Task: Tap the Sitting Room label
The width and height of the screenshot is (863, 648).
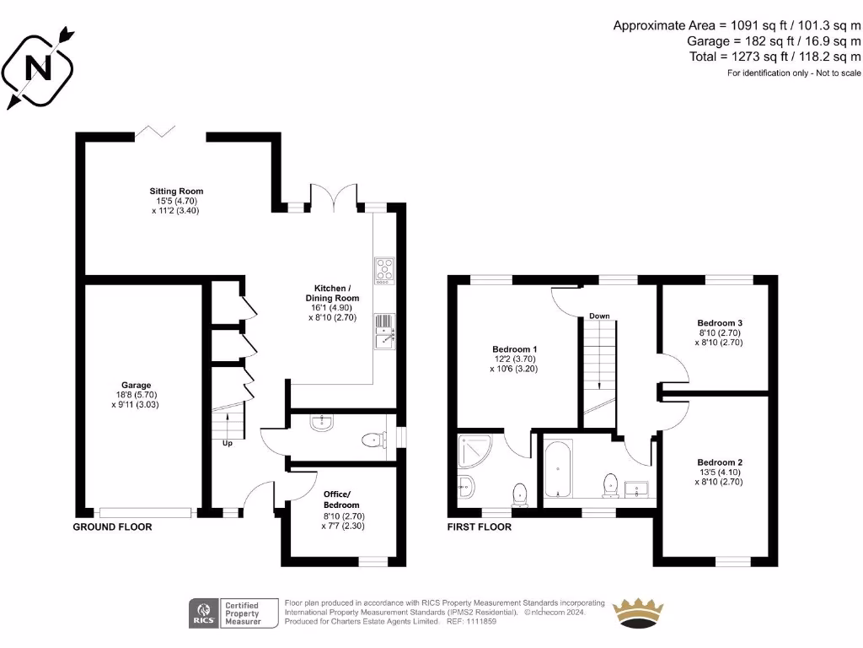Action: point(176,192)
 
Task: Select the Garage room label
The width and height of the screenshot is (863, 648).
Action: point(135,386)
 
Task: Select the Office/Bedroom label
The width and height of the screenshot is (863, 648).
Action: point(341,499)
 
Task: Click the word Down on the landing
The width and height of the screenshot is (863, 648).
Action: point(599,316)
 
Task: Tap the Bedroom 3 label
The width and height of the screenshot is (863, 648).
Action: point(720,323)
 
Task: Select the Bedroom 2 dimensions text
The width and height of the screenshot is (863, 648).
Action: point(720,478)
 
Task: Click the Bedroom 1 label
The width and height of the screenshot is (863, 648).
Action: point(514,349)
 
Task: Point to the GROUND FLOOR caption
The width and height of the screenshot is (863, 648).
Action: point(112,527)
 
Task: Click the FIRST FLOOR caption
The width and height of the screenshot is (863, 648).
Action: point(479,527)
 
